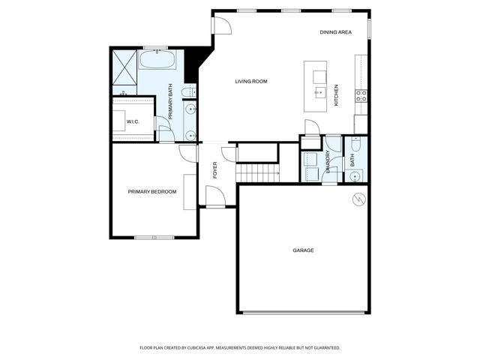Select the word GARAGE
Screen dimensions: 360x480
(303, 250)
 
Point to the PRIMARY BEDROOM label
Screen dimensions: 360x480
(152, 192)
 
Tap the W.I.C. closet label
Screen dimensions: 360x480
(133, 121)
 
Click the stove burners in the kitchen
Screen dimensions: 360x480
(361, 95)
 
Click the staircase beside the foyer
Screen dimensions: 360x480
(257, 174)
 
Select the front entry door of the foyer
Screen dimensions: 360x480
(215, 196)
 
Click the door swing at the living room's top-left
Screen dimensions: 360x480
(221, 25)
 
